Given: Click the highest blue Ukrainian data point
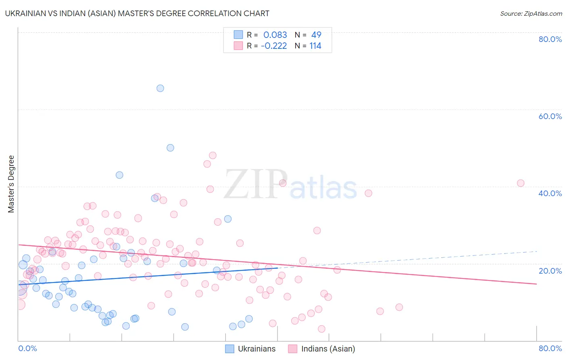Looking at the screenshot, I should click(160, 88).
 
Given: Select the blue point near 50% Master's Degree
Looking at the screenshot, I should click(170, 148).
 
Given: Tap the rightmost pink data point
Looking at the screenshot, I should click(521, 183).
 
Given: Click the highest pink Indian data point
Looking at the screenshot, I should click(213, 155).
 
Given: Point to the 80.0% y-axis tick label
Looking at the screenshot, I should click(550, 39).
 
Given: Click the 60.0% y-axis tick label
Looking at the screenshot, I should click(550, 116).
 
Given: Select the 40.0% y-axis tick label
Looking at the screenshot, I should click(550, 193).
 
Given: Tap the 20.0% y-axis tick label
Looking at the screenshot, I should click(550, 271).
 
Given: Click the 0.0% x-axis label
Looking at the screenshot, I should click(27, 348).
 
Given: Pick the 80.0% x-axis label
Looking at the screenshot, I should click(550, 348).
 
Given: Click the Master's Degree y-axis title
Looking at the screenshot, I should click(11, 184).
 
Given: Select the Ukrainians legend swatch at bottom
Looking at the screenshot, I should click(229, 349).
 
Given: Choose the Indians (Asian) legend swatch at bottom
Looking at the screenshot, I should click(293, 349).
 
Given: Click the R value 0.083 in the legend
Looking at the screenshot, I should click(275, 35).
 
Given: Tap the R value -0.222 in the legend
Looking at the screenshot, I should click(274, 46).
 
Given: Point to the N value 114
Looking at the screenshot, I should click(315, 46).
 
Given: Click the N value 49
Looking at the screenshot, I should click(316, 35).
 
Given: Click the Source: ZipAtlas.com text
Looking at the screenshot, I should click(531, 14).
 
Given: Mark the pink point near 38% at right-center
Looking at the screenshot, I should click(368, 193).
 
